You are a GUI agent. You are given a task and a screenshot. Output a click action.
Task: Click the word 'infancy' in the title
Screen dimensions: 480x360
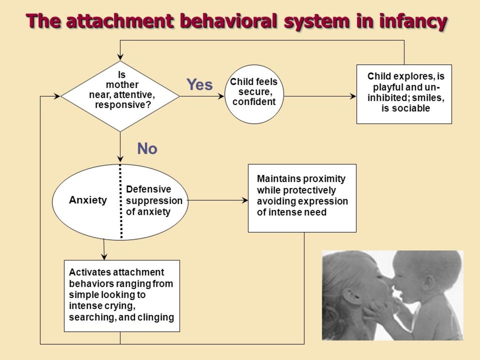(413, 22)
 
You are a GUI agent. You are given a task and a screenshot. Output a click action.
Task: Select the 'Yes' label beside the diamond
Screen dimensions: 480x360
(199, 85)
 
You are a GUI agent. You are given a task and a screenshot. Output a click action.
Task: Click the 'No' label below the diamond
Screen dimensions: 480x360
(147, 148)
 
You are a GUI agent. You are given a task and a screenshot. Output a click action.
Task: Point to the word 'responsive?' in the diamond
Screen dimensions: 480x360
(123, 105)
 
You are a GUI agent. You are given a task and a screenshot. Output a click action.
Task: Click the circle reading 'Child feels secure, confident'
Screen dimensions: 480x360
(254, 94)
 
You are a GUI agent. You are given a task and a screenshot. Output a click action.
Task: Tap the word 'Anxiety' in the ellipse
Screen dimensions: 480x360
(88, 200)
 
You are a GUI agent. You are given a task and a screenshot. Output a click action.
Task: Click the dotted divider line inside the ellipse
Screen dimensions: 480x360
(121, 201)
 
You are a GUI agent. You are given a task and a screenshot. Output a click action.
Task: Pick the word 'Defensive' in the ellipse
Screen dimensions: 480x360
(148, 189)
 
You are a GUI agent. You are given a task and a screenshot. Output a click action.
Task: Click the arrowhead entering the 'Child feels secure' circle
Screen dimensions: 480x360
(221, 96)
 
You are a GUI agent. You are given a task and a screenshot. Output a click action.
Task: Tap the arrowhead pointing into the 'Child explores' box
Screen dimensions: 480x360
(353, 96)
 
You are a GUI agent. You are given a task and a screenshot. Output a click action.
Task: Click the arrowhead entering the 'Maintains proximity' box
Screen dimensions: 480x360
(245, 200)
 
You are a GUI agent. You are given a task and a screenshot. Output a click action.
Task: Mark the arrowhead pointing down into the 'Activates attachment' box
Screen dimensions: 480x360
(104, 257)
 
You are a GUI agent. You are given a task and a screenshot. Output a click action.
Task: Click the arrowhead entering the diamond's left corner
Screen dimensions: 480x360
(57, 96)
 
